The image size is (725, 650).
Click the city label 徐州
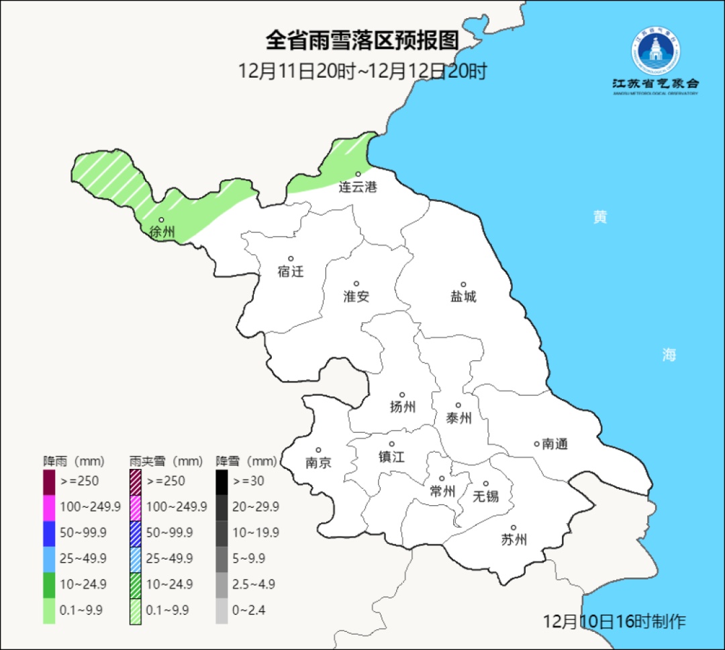click(x=162, y=232)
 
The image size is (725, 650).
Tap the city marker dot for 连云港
click(x=358, y=174)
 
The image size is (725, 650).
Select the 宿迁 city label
click(x=291, y=272)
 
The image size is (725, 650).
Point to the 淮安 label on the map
click(x=356, y=296)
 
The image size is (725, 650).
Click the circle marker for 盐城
click(x=463, y=284)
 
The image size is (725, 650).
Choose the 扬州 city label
click(x=403, y=407)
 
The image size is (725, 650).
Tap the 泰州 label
click(x=458, y=418)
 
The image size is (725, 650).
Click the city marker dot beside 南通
click(x=536, y=443)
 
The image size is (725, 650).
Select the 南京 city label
click(x=318, y=463)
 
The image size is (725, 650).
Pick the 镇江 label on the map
click(x=391, y=457)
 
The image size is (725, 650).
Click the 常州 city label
click(x=442, y=492)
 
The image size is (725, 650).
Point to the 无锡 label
click(x=486, y=496)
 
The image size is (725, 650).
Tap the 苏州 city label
click(x=514, y=540)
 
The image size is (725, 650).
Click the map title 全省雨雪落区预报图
click(x=362, y=41)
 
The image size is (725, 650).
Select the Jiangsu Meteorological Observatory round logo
click(x=655, y=51)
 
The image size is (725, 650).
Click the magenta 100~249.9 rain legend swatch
click(x=49, y=507)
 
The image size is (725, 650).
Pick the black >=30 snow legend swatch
click(x=222, y=481)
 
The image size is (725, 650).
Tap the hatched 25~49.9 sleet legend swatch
click(x=136, y=558)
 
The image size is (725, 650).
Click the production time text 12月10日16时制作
click(x=614, y=621)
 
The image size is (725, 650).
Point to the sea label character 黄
click(x=600, y=217)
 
